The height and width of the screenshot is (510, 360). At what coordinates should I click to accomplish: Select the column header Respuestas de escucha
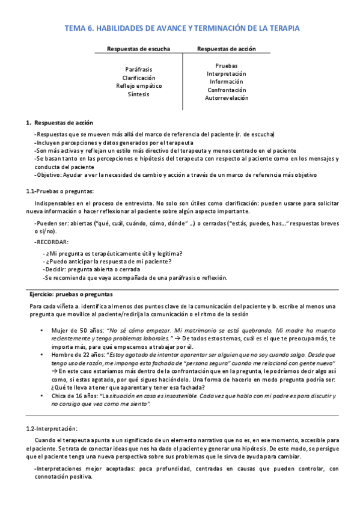tap(138, 49)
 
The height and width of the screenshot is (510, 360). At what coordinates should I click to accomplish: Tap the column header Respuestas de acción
tap(226, 49)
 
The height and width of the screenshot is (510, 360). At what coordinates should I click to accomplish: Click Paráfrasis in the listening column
tap(139, 70)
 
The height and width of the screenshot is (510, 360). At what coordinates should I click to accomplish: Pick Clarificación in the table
tap(139, 78)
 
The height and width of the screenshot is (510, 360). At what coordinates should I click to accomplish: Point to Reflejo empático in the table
tap(139, 86)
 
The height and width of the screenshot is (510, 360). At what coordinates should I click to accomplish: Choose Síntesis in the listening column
tap(139, 94)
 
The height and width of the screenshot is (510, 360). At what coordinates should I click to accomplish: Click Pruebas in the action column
tap(226, 66)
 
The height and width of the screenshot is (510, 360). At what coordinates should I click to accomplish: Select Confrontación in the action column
tap(226, 90)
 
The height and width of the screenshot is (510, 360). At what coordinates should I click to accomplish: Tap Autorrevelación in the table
tap(226, 97)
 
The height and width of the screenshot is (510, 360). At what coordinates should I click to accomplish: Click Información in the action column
tap(226, 82)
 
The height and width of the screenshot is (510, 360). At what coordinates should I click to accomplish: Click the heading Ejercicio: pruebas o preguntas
tap(71, 295)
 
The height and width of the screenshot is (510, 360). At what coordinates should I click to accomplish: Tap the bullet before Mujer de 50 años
tap(41, 331)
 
